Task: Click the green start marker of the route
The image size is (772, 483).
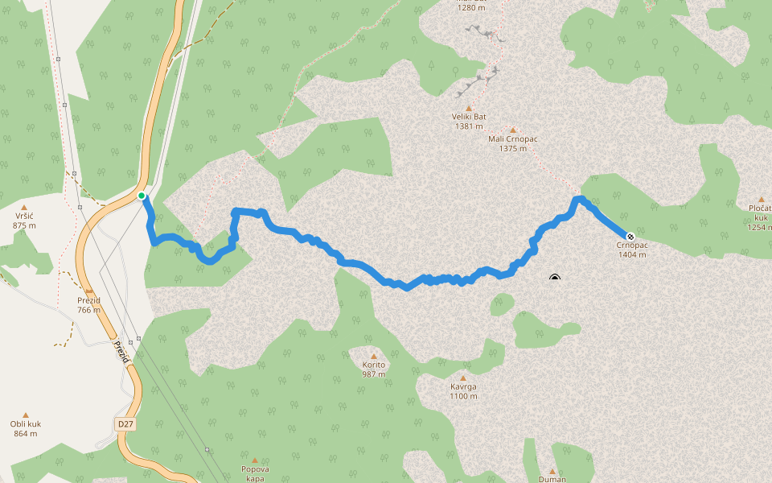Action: [142, 196]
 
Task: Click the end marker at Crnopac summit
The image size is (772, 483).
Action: [630, 237]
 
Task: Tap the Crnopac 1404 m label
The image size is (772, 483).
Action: [632, 250]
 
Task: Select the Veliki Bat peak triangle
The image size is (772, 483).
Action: [469, 108]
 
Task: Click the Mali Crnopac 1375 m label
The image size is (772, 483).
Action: [512, 143]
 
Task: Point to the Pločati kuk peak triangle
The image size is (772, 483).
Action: [761, 200]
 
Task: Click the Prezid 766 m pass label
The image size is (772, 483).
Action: [88, 305]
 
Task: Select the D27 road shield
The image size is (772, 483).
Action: [124, 423]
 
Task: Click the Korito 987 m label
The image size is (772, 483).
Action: [374, 369]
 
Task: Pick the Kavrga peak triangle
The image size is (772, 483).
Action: [463, 378]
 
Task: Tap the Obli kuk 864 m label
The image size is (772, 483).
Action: [25, 429]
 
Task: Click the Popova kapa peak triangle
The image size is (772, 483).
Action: [255, 460]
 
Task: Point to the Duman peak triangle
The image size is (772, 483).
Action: [552, 471]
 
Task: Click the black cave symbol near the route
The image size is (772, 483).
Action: [555, 279]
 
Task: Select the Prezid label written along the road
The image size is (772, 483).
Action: [121, 351]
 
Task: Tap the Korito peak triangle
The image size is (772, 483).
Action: [373, 356]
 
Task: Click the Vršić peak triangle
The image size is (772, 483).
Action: [24, 208]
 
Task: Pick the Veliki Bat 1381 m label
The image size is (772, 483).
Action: [469, 122]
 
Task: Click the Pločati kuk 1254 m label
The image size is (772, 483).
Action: [760, 218]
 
